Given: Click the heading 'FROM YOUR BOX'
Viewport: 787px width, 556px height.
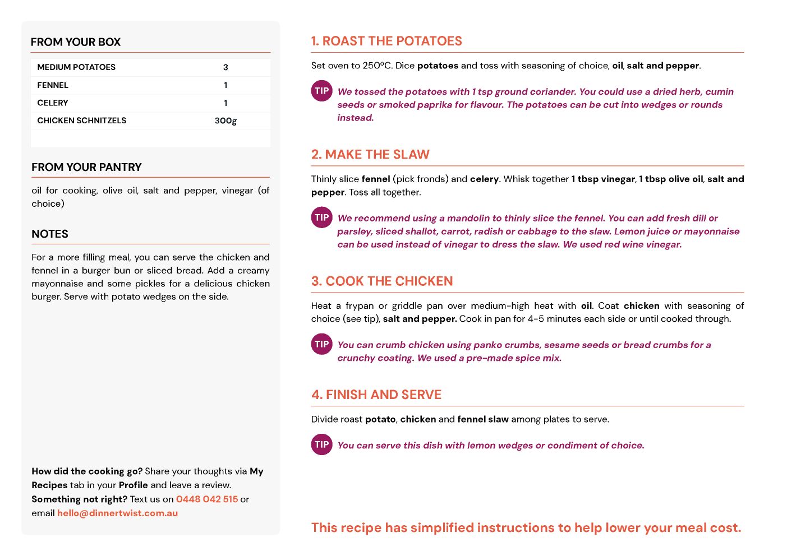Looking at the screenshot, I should (x=76, y=42).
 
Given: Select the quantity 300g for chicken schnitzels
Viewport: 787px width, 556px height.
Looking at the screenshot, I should (x=225, y=121).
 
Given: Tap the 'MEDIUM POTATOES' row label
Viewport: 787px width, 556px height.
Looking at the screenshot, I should (x=76, y=67).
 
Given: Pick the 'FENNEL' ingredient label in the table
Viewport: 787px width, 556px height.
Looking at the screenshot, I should (x=53, y=85).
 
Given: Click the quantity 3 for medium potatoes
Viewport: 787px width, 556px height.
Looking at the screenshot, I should (x=225, y=67).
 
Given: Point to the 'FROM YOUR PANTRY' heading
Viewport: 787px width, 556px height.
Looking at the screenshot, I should (x=86, y=167).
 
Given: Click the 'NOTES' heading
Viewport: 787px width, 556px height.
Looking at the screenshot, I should (x=50, y=234).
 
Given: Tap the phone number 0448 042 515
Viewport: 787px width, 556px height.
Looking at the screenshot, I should (x=207, y=499).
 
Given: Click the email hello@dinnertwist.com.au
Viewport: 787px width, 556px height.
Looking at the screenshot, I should (x=117, y=513).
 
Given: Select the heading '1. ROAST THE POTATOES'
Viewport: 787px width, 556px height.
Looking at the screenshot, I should (x=386, y=41).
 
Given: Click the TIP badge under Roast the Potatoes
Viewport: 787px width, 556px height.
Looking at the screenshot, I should (x=322, y=91).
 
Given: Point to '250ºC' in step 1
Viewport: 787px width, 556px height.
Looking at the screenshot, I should (x=377, y=66).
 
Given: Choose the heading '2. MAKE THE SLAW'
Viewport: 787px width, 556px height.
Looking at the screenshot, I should (x=370, y=154).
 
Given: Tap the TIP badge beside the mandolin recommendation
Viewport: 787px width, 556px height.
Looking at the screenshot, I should (x=322, y=217).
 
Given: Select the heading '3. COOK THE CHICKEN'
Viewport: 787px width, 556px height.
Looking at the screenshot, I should (x=382, y=281).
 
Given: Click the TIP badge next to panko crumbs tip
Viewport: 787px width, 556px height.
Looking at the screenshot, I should (x=322, y=344).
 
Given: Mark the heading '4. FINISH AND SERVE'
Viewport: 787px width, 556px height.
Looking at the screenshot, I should (x=376, y=395).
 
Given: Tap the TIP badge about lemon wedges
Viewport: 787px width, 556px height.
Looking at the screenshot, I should (x=322, y=444).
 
